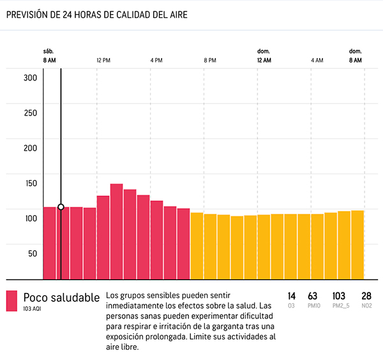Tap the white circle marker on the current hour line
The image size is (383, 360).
click(61, 207)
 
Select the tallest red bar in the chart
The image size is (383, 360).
click(116, 231)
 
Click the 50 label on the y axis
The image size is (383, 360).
click(33, 253)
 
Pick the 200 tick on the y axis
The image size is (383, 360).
click(31, 148)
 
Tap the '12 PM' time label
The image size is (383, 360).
click(104, 60)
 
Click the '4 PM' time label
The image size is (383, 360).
click(156, 60)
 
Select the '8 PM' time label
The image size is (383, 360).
click(210, 60)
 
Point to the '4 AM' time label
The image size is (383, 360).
click(317, 60)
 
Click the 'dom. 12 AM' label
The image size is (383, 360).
click(264, 56)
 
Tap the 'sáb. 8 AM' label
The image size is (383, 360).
click(49, 56)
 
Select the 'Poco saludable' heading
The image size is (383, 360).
click(61, 297)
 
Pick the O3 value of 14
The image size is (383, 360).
click(292, 296)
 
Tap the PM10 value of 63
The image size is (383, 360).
click(312, 296)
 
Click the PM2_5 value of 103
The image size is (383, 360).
click(339, 296)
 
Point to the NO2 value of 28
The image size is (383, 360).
click(366, 296)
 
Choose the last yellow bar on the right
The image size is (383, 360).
click(357, 244)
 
